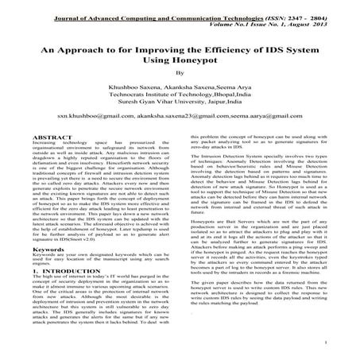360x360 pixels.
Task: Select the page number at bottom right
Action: click(x=327, y=343)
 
